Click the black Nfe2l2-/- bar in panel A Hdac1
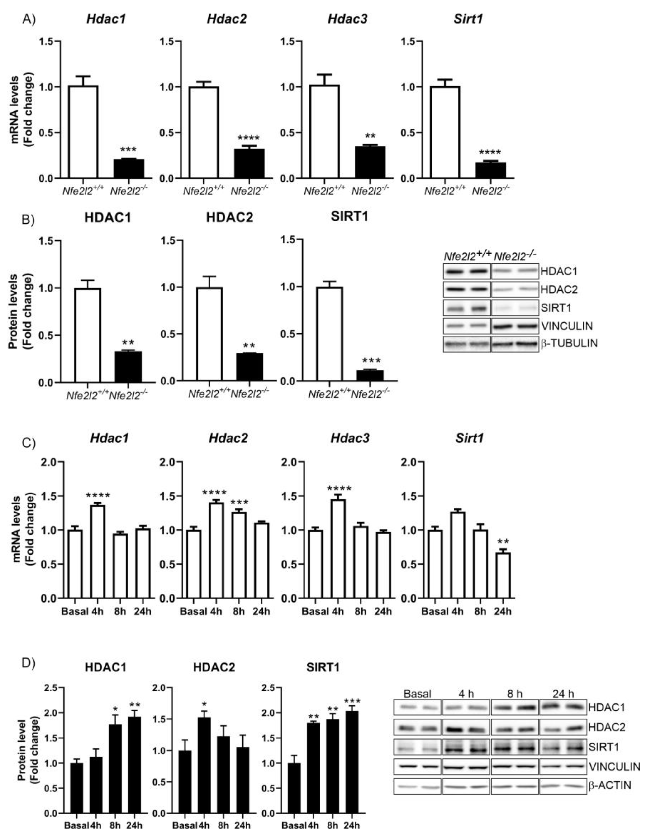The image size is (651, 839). (129, 169)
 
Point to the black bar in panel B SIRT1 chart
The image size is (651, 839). (370, 375)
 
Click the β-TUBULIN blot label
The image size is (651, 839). (569, 343)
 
